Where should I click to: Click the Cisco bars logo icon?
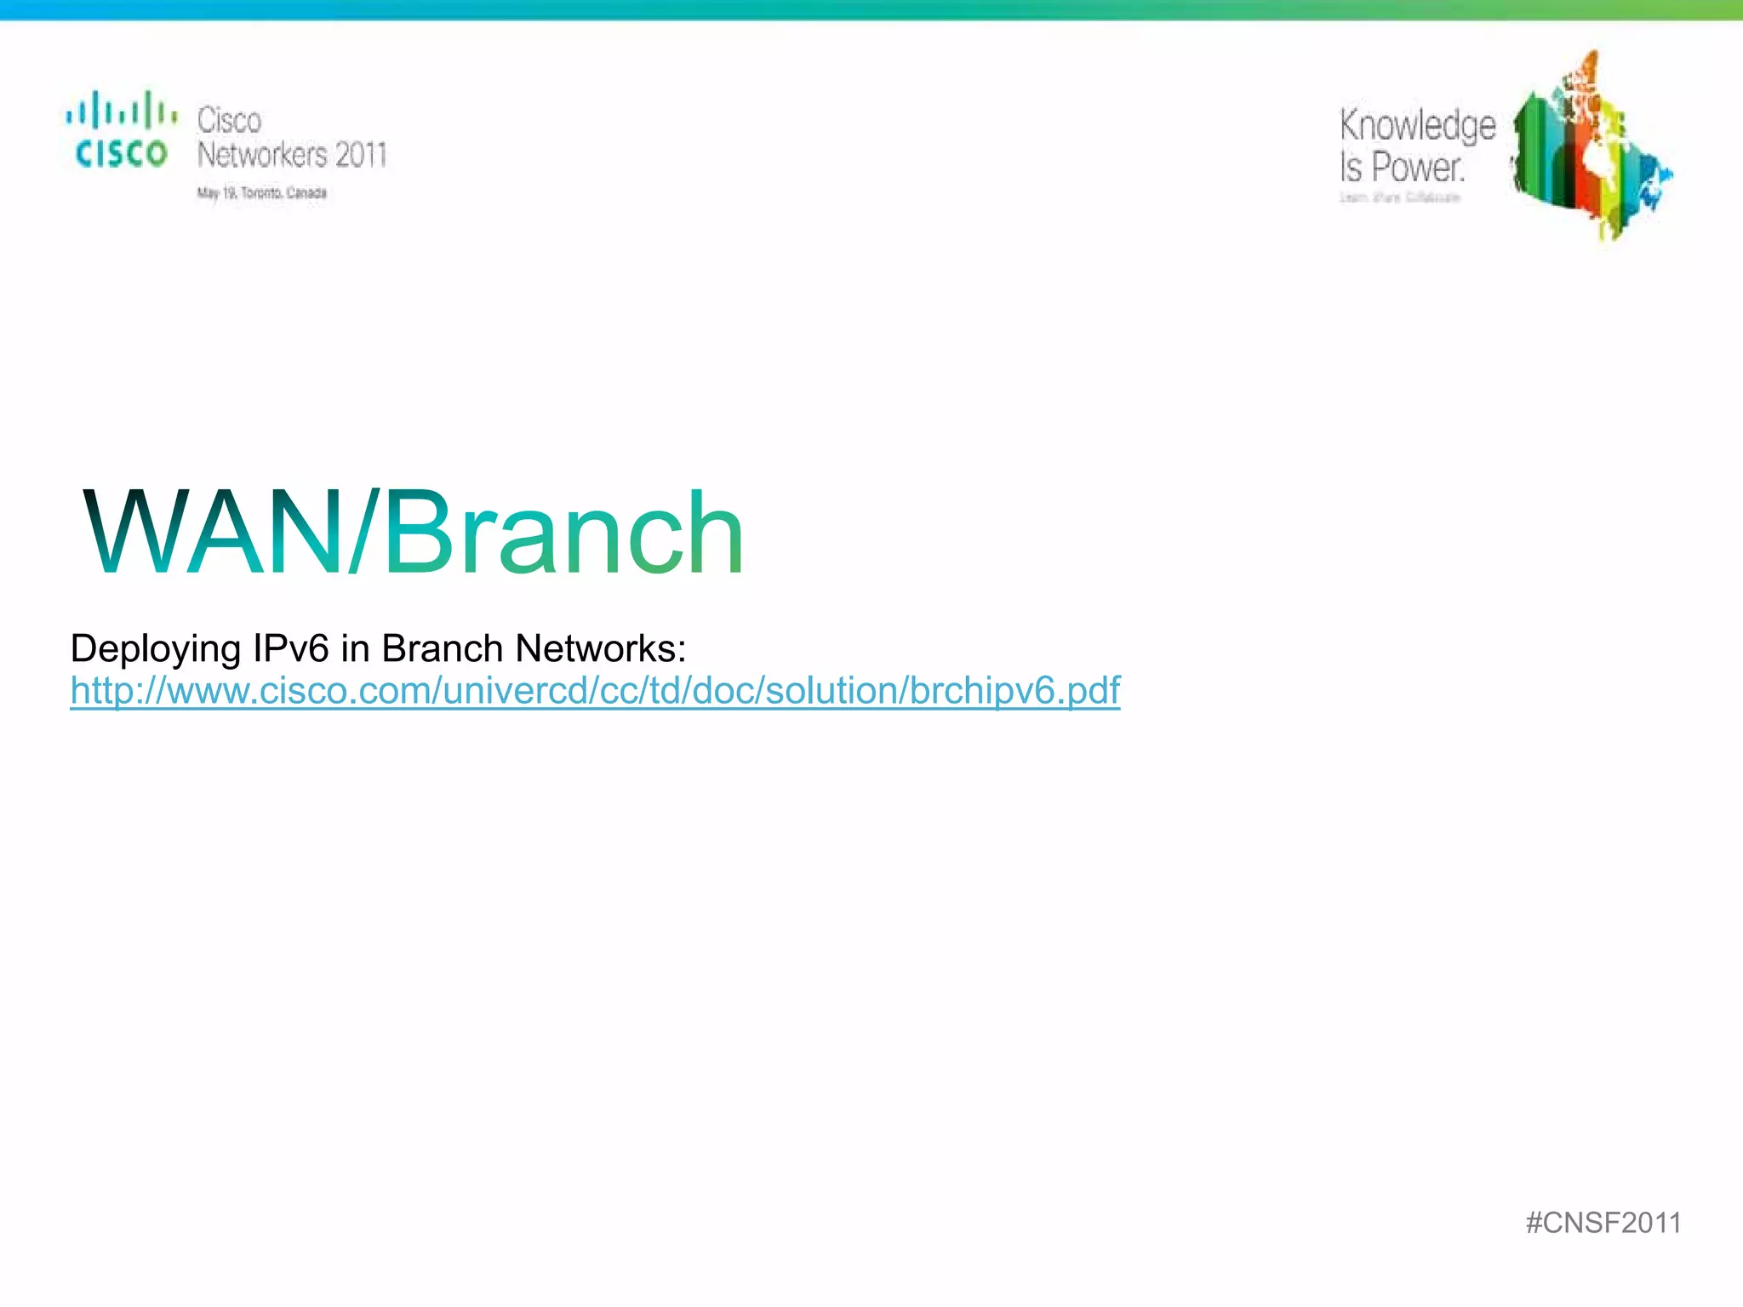coord(121,111)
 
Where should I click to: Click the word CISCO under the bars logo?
coord(121,154)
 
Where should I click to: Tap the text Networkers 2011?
coord(292,155)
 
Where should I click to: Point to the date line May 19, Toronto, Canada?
coord(262,193)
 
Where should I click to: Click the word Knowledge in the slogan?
coord(1417,126)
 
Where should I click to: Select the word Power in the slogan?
coord(1418,167)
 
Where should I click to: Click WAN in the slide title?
coord(213,534)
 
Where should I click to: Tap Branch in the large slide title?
coord(563,534)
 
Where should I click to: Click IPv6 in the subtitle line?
coord(290,648)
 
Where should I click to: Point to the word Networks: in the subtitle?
coord(601,648)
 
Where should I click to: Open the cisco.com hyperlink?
coord(595,690)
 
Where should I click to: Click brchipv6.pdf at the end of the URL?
coord(1014,690)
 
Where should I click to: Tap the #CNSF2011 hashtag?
coord(1603,1223)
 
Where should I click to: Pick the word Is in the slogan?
coord(1351,167)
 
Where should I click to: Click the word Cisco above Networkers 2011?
coord(229,120)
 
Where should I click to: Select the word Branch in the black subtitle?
coord(442,648)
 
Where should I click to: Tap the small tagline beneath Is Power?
coord(1400,197)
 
